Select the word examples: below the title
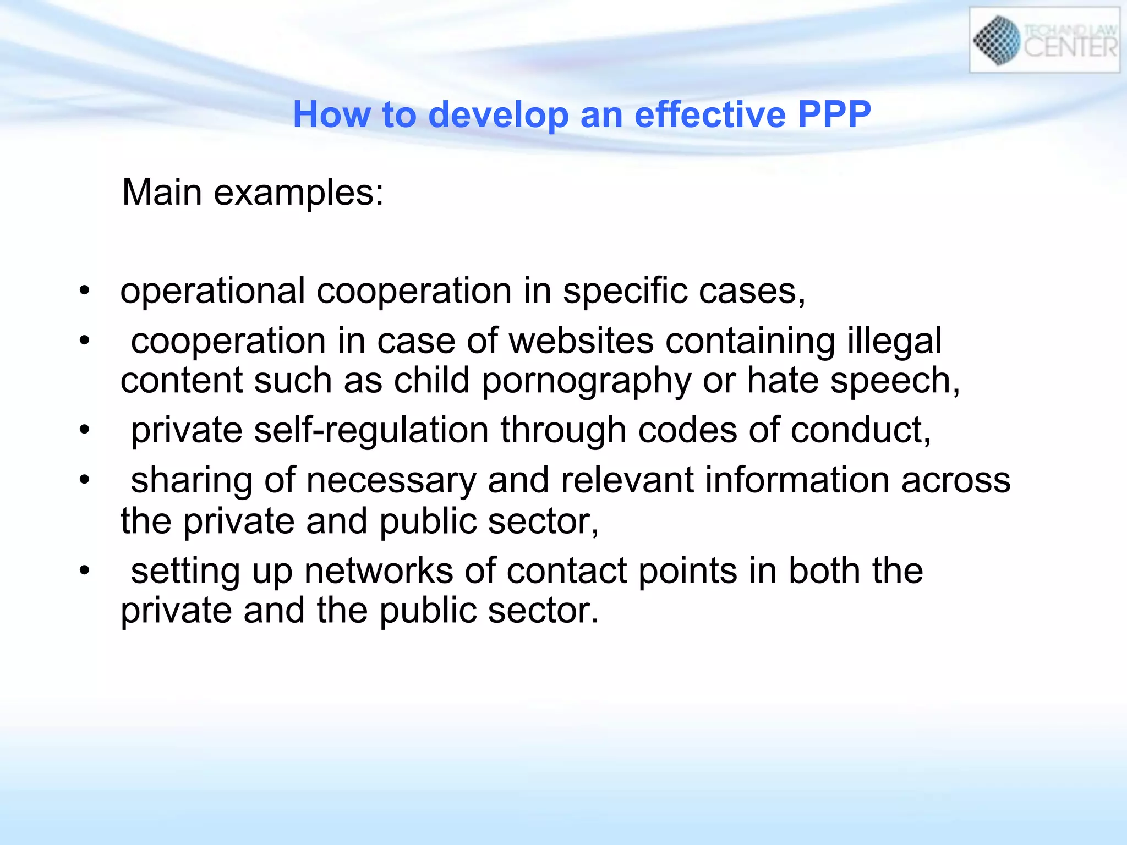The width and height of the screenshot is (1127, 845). coord(299,193)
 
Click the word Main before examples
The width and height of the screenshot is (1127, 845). coord(162,192)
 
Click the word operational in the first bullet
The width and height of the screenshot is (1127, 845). coord(212,291)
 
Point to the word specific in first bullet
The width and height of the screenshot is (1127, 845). coord(625,291)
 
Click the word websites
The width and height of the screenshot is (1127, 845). coord(582,341)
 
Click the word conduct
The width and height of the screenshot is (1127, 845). coord(860,430)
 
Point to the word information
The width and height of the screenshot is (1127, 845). coord(797,480)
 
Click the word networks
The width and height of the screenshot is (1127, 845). coord(379,571)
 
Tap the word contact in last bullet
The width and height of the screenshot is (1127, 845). coord(567,571)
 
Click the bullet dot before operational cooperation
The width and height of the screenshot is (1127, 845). coord(84,290)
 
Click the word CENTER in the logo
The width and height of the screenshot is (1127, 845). coord(1070,48)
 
